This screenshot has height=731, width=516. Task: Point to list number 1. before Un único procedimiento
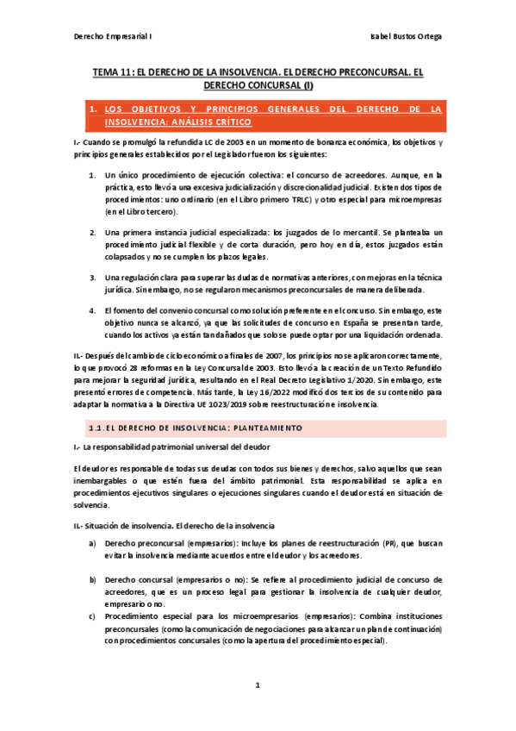[92, 175]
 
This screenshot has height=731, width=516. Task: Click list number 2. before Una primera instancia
[92, 233]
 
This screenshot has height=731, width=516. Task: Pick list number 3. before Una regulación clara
[92, 277]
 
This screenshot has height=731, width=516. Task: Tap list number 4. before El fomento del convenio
[92, 309]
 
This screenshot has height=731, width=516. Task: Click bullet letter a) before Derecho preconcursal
[92, 544]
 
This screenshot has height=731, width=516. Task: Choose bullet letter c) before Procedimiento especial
[92, 616]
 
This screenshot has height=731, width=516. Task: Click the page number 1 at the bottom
[258, 685]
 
